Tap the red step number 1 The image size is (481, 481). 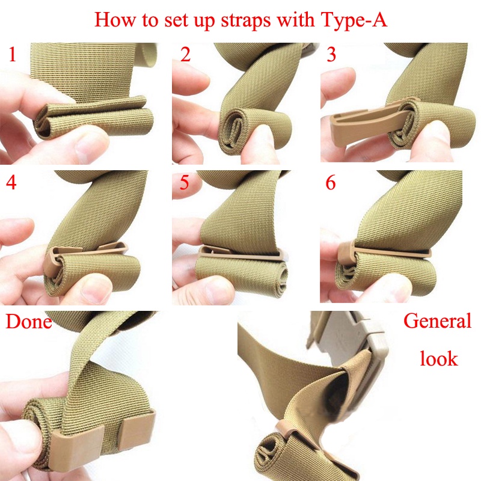pos(13,55)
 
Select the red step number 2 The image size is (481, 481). pos(185,55)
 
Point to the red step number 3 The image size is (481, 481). pos(331,55)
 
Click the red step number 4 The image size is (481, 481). pos(11,183)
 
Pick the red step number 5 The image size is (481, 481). pos(185,183)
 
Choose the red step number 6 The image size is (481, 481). pos(331,183)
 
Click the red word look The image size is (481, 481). pos(438,358)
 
